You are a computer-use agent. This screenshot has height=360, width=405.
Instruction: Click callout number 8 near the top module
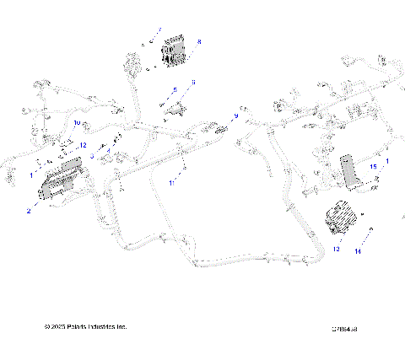[198, 40]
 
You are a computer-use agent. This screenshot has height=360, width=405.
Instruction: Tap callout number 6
[192, 82]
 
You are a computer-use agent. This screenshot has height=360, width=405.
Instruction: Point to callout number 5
[175, 89]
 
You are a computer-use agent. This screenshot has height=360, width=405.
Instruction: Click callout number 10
[77, 123]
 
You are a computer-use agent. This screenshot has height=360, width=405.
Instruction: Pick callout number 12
[83, 145]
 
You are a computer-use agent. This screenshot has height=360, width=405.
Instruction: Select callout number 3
[92, 156]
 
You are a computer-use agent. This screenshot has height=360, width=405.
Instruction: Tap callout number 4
[108, 151]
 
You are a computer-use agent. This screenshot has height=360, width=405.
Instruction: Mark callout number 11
[171, 182]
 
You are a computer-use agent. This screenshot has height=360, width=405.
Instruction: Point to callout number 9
[235, 116]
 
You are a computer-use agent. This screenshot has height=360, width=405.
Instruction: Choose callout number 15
[372, 168]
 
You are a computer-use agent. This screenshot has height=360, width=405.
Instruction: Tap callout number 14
[358, 250]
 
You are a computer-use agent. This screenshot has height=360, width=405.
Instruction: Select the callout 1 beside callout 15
[386, 160]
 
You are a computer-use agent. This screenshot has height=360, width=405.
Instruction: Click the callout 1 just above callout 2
[32, 175]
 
